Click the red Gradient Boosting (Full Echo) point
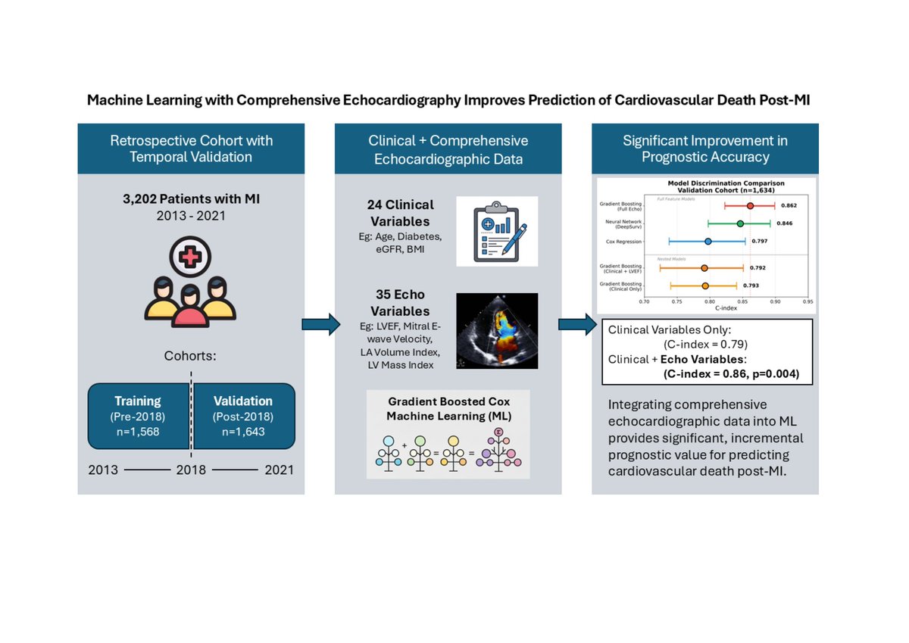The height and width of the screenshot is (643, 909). pos(750,205)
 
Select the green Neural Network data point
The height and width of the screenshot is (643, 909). pos(740,223)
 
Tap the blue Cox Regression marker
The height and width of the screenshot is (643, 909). pos(708,242)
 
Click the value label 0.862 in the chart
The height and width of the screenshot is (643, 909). pos(789,205)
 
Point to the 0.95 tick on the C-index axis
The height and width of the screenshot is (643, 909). pos(807,301)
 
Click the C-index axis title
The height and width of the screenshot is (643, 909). pos(726,308)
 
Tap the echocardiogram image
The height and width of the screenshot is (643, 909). pos(497,331)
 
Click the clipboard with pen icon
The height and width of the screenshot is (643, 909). pos(497,231)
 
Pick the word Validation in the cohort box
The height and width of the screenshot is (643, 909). pos(242,401)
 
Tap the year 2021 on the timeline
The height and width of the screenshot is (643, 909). pos(279,470)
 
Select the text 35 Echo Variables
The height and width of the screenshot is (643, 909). pos(402,303)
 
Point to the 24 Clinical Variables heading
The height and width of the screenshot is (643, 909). pos(402,213)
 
